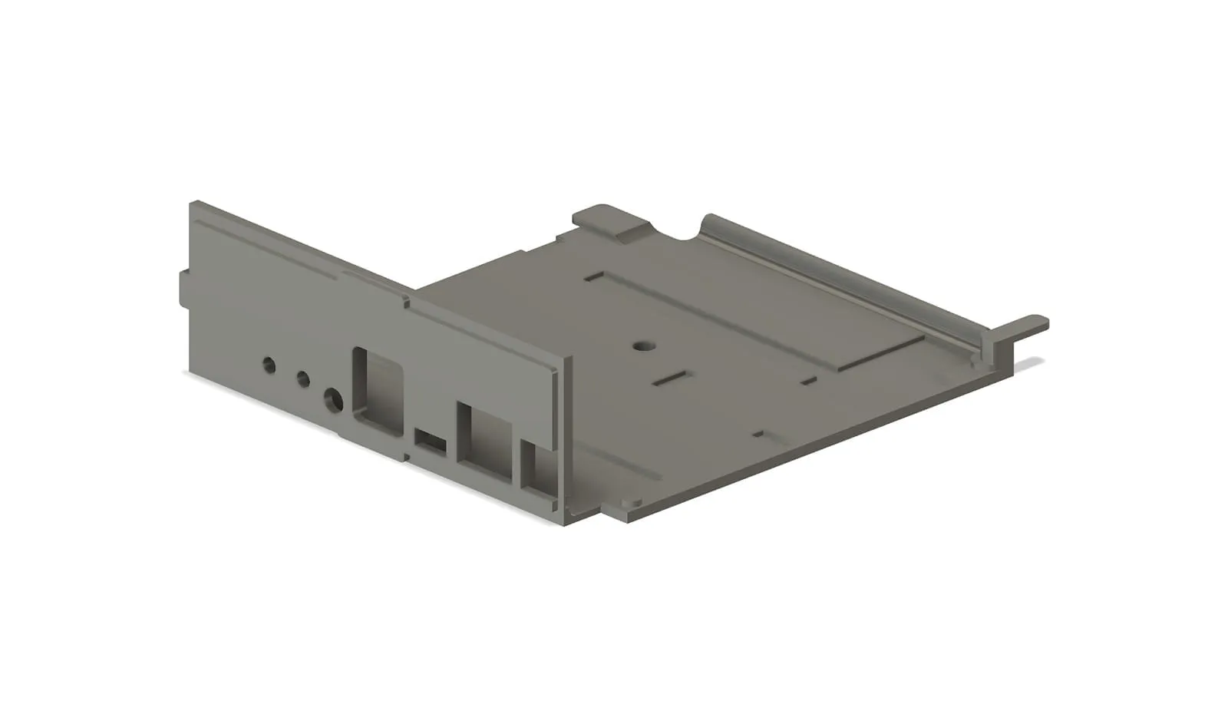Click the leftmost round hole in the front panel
click(269, 365)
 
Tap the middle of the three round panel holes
click(303, 379)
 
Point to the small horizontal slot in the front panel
click(431, 441)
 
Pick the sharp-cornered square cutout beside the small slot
click(484, 441)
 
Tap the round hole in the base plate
click(641, 346)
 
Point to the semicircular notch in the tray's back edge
click(676, 230)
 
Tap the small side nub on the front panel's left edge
click(184, 289)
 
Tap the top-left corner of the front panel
click(193, 205)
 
